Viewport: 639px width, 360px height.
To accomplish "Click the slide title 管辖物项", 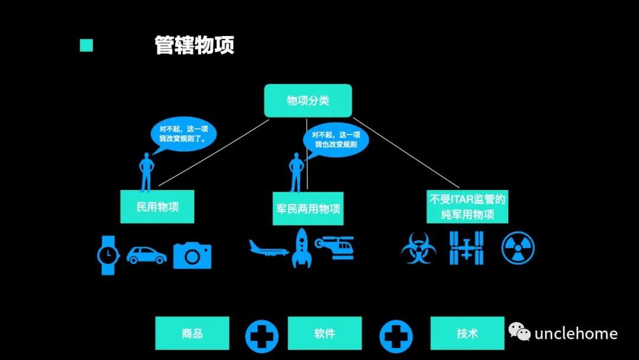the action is (x=194, y=46).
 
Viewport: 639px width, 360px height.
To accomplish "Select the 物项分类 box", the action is (x=308, y=101).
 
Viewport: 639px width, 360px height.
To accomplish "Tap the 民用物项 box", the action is (x=157, y=207).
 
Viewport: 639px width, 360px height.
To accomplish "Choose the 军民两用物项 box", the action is (x=308, y=208).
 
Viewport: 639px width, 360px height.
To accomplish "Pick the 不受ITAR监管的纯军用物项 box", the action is (x=467, y=207).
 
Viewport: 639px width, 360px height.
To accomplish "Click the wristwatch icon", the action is (x=108, y=255).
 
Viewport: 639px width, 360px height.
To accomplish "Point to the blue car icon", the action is (x=146, y=255).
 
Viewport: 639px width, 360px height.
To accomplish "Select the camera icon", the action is (x=192, y=255).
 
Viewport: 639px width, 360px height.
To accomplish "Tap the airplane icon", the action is (x=269, y=248).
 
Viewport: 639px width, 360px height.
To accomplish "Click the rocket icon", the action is (x=302, y=248).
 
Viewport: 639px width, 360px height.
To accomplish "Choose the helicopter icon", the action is (x=335, y=247).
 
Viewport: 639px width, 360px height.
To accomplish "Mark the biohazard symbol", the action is (x=419, y=248).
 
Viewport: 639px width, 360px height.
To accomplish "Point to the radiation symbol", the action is (x=518, y=247).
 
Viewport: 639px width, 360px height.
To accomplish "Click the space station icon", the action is (x=466, y=247).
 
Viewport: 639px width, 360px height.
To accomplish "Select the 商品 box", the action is (x=192, y=333).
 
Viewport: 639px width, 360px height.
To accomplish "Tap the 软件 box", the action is (x=324, y=333).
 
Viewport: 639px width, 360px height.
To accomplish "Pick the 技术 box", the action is (x=467, y=333).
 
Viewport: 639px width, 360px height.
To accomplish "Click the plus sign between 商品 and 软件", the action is (x=262, y=336).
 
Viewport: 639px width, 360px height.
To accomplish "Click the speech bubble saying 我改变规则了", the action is (x=183, y=136).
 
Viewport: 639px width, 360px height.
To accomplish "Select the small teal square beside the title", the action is (x=86, y=46).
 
